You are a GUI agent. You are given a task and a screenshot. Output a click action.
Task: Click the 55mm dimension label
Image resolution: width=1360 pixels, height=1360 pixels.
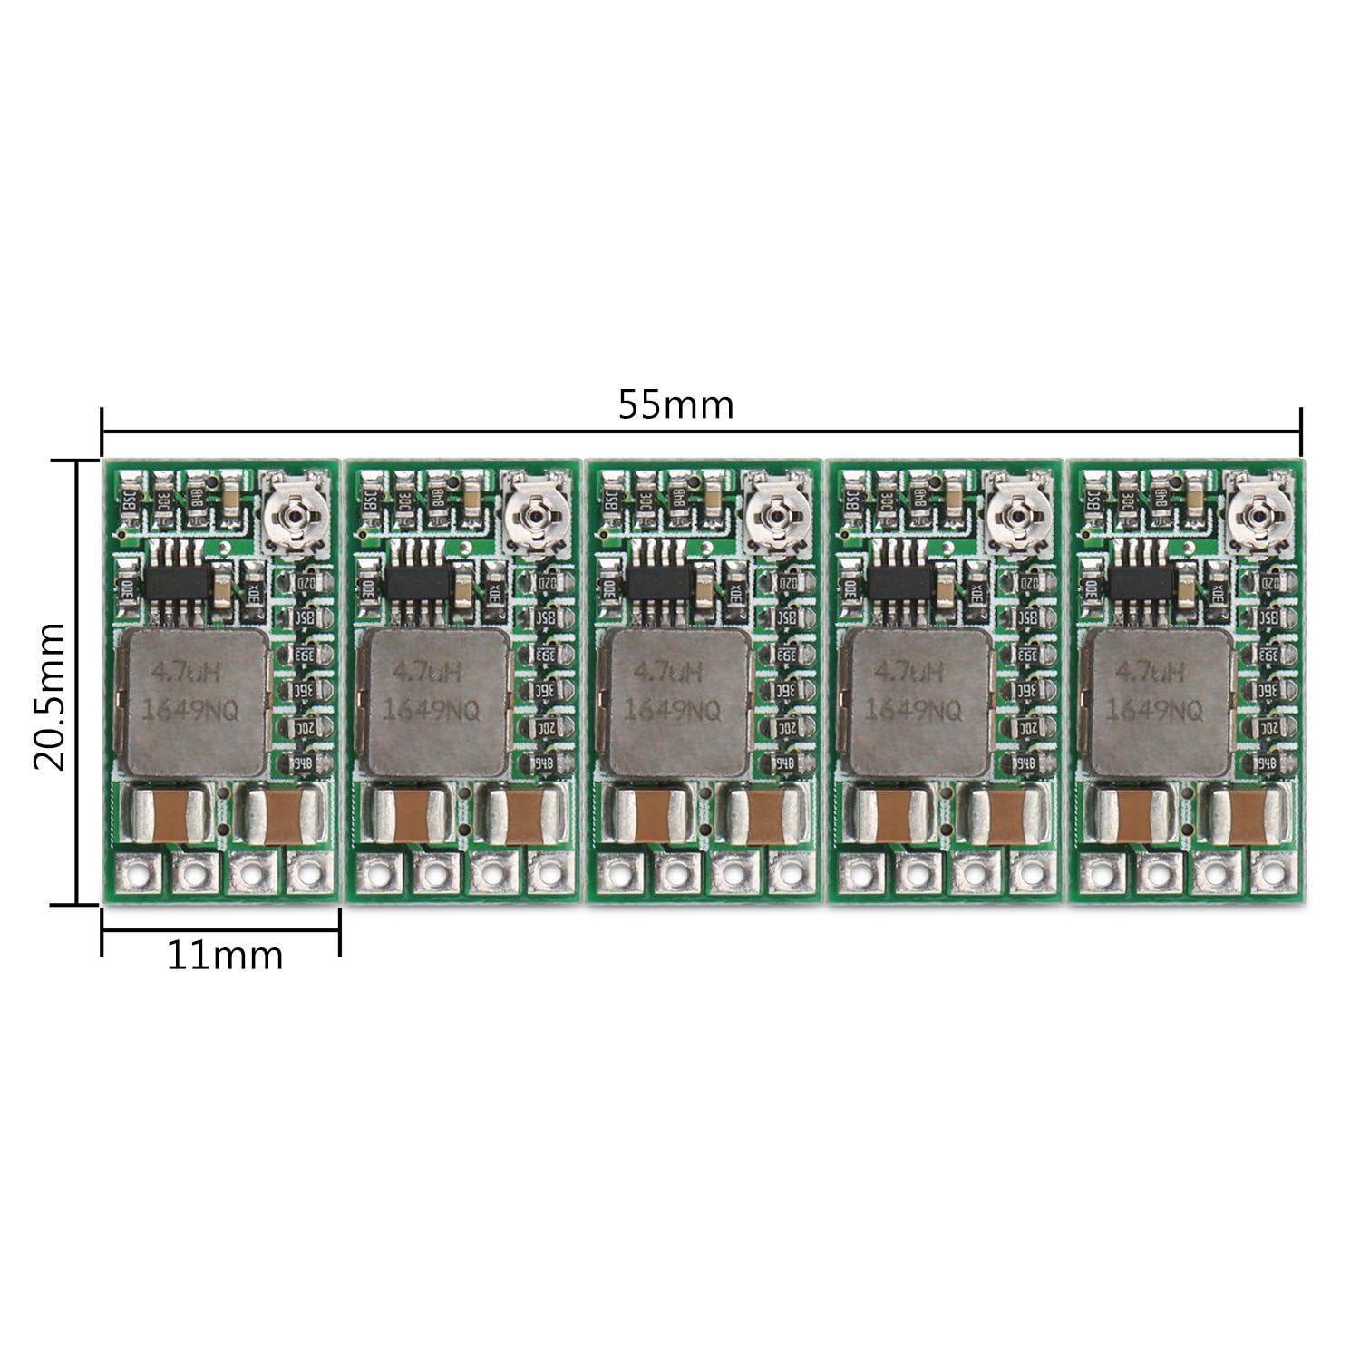pos(675,404)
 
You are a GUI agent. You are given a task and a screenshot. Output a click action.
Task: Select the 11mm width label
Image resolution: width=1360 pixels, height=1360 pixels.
pos(224,955)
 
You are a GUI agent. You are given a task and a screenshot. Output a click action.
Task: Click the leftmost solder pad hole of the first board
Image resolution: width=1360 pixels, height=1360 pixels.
pos(136,875)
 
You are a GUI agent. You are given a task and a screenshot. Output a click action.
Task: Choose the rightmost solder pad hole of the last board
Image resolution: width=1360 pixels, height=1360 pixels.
pos(1274,875)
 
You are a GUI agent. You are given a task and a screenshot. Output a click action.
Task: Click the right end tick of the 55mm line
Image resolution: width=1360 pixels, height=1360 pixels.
pos(1301,432)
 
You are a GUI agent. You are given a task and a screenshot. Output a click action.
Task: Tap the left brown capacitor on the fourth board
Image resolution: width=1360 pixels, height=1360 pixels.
pos(891,813)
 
